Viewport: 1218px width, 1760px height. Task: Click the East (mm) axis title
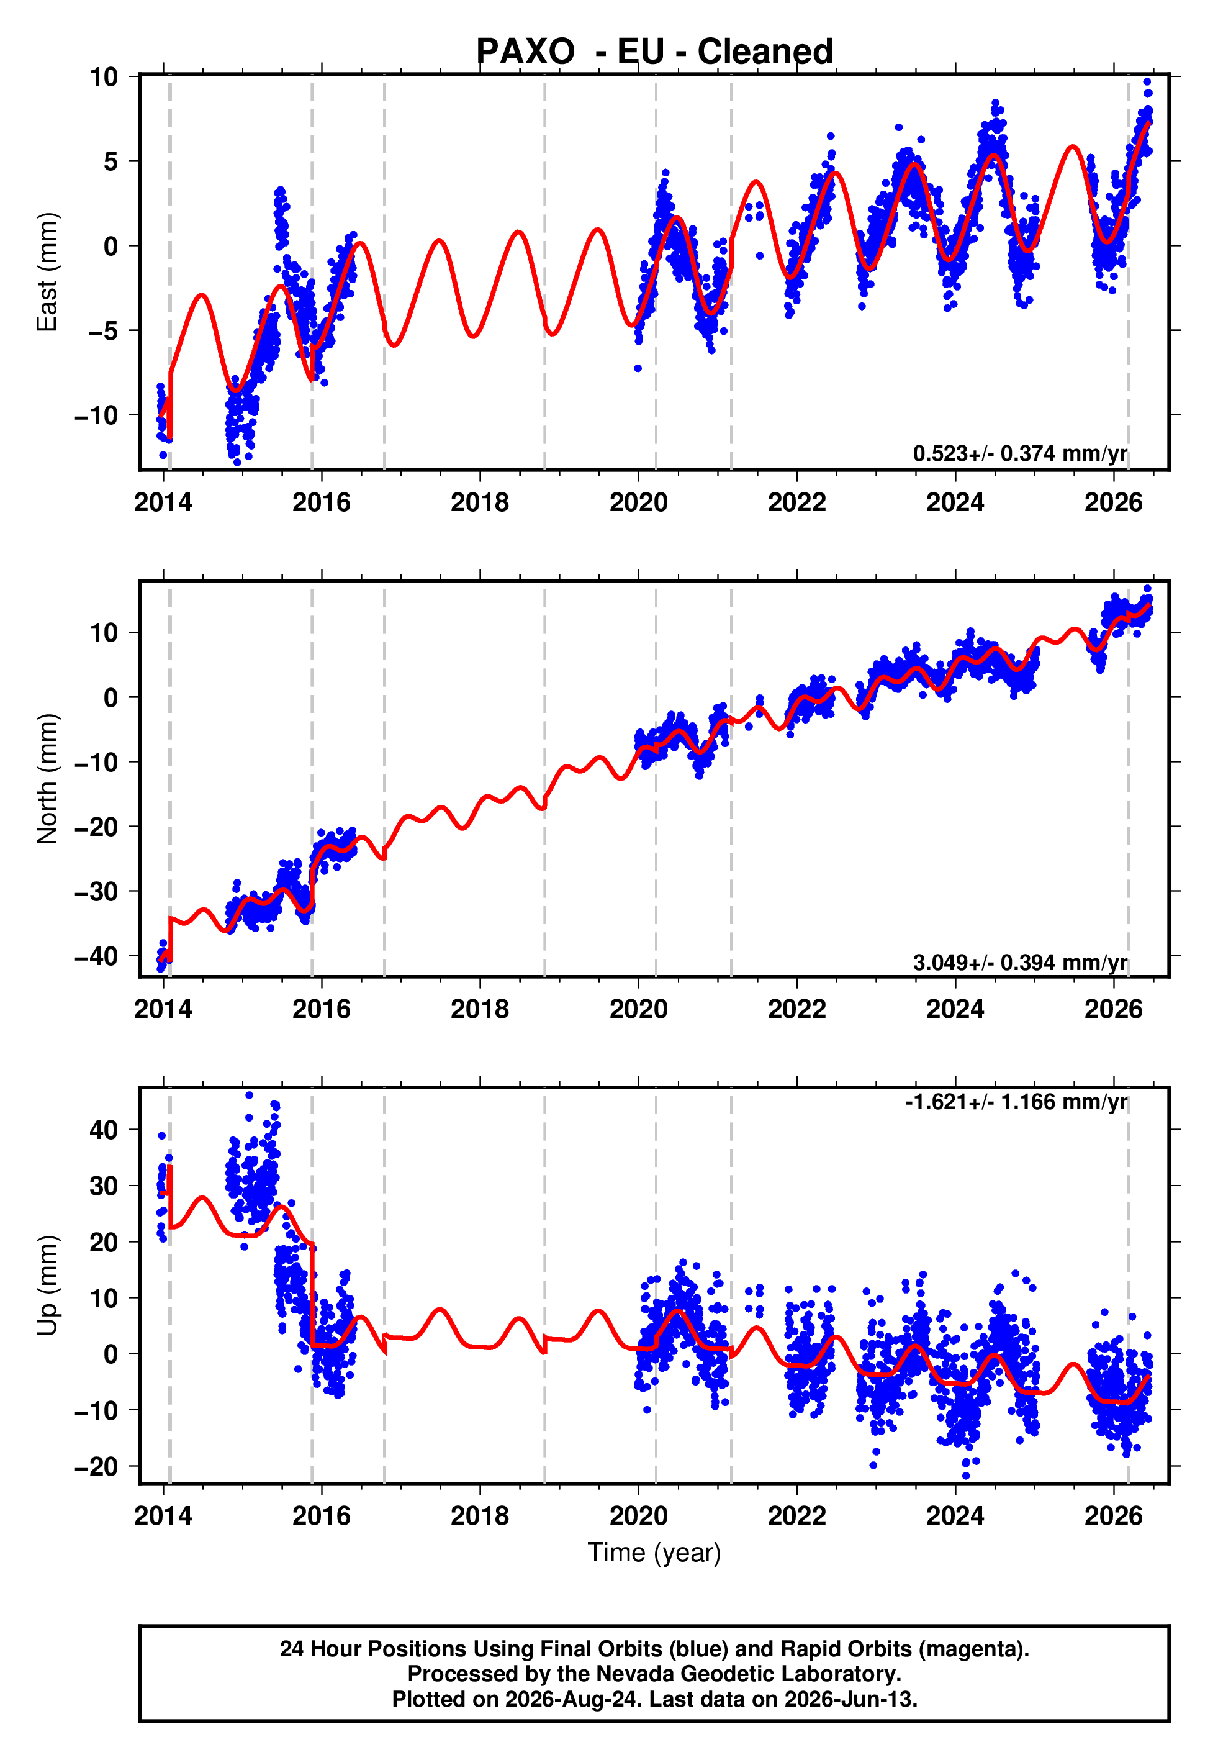coord(47,272)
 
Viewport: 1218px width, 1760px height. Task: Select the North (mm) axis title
coord(47,779)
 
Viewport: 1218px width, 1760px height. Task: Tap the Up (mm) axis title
coord(47,1286)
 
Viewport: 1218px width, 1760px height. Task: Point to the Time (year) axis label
coord(654,1553)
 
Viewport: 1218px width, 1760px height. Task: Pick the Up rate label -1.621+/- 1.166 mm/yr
coord(1016,1102)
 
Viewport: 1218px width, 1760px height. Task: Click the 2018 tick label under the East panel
coord(479,502)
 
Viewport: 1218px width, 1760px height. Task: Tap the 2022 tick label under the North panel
coord(796,1009)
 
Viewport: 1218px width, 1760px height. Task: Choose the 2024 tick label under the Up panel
coord(955,1516)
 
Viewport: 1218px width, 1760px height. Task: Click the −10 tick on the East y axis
coord(96,415)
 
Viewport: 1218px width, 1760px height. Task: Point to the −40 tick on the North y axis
coord(96,956)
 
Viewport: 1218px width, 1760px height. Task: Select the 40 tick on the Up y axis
coord(104,1130)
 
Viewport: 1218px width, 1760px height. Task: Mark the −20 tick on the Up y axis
coord(96,1467)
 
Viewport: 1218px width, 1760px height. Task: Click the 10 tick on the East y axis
coord(104,76)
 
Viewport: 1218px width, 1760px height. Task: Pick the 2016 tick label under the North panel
coord(322,1009)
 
